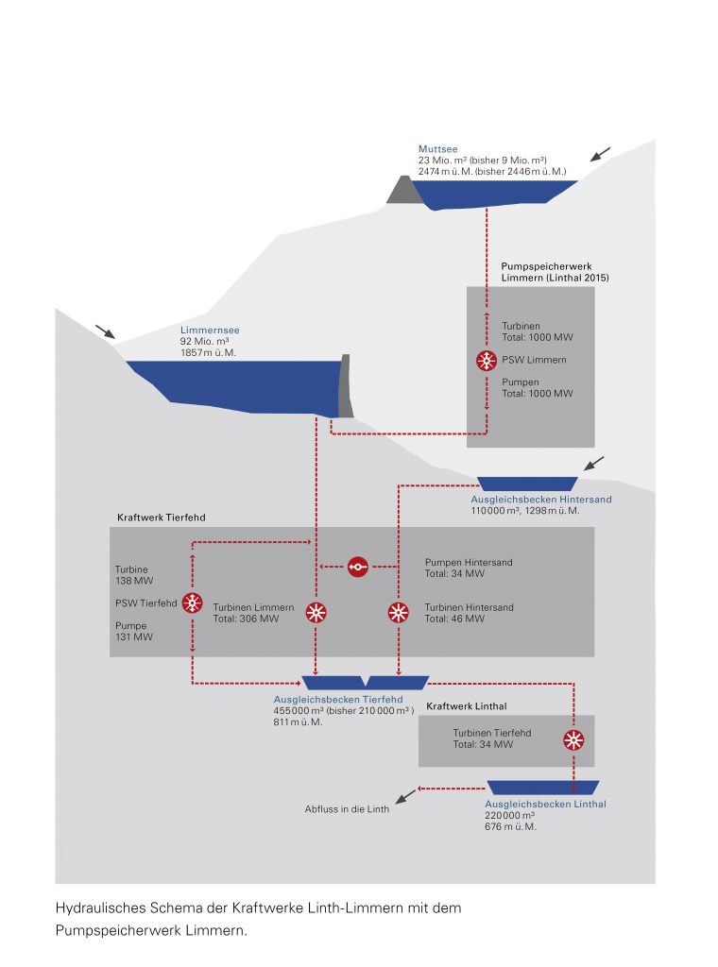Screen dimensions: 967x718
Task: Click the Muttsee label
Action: [437, 149]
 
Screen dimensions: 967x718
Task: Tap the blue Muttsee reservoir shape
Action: [491, 194]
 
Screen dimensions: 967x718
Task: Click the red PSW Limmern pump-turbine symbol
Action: [487, 361]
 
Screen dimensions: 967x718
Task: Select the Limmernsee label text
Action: [204, 331]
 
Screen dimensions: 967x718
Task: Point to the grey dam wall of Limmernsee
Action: [346, 385]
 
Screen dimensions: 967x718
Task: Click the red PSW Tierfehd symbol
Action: [193, 603]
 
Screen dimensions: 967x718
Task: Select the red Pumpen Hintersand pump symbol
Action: [357, 567]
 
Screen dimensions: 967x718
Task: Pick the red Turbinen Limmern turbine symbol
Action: [316, 613]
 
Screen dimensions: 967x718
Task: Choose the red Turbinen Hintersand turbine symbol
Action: [399, 613]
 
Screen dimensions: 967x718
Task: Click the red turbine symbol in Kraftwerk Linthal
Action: [573, 739]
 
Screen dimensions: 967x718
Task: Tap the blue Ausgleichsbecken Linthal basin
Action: [543, 788]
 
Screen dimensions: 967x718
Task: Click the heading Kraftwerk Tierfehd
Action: [162, 518]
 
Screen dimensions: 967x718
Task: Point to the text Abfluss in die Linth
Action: [346, 809]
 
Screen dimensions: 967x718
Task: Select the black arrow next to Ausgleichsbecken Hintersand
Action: [594, 463]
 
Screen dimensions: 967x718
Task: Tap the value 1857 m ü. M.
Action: [208, 352]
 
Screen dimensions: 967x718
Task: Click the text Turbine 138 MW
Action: [133, 576]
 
